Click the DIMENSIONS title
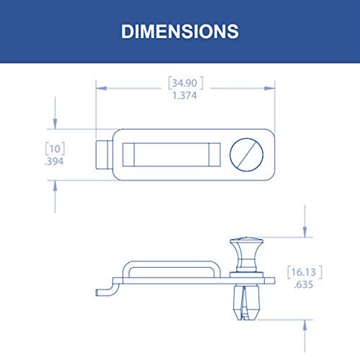click(180, 32)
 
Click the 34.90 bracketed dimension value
click(186, 83)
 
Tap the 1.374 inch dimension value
click(184, 96)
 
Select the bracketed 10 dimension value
click(55, 149)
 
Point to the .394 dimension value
click(54, 161)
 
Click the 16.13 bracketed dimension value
click(305, 272)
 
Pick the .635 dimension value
click(304, 284)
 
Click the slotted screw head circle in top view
click(246, 155)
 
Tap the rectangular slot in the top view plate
click(171, 155)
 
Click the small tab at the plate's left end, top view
click(104, 155)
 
